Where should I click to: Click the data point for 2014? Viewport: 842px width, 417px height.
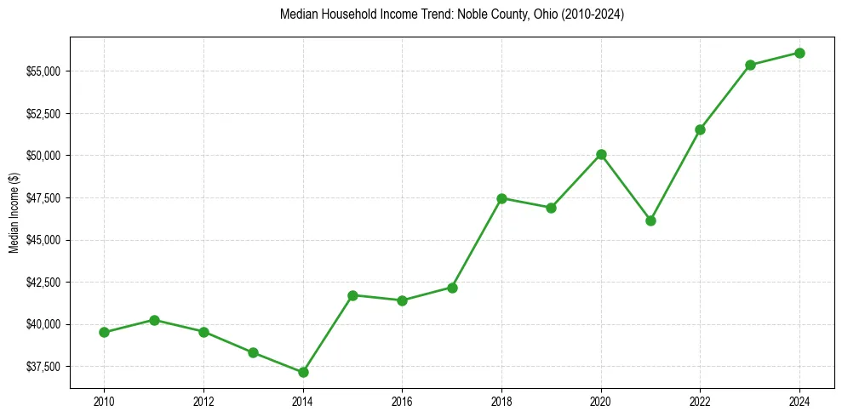(x=303, y=372)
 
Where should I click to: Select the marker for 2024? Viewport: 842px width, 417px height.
(x=800, y=53)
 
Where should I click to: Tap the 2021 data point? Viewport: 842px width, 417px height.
(x=651, y=220)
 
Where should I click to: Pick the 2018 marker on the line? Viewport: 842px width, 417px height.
(x=501, y=198)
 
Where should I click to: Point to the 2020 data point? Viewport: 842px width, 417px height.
(x=601, y=154)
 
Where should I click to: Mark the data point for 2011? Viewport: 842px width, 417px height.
(x=154, y=320)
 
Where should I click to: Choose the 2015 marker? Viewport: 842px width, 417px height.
(x=352, y=295)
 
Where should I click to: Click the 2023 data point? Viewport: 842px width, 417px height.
(x=750, y=65)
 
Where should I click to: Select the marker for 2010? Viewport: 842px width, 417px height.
(x=104, y=332)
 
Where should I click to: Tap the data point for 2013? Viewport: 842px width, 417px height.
(x=253, y=352)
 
